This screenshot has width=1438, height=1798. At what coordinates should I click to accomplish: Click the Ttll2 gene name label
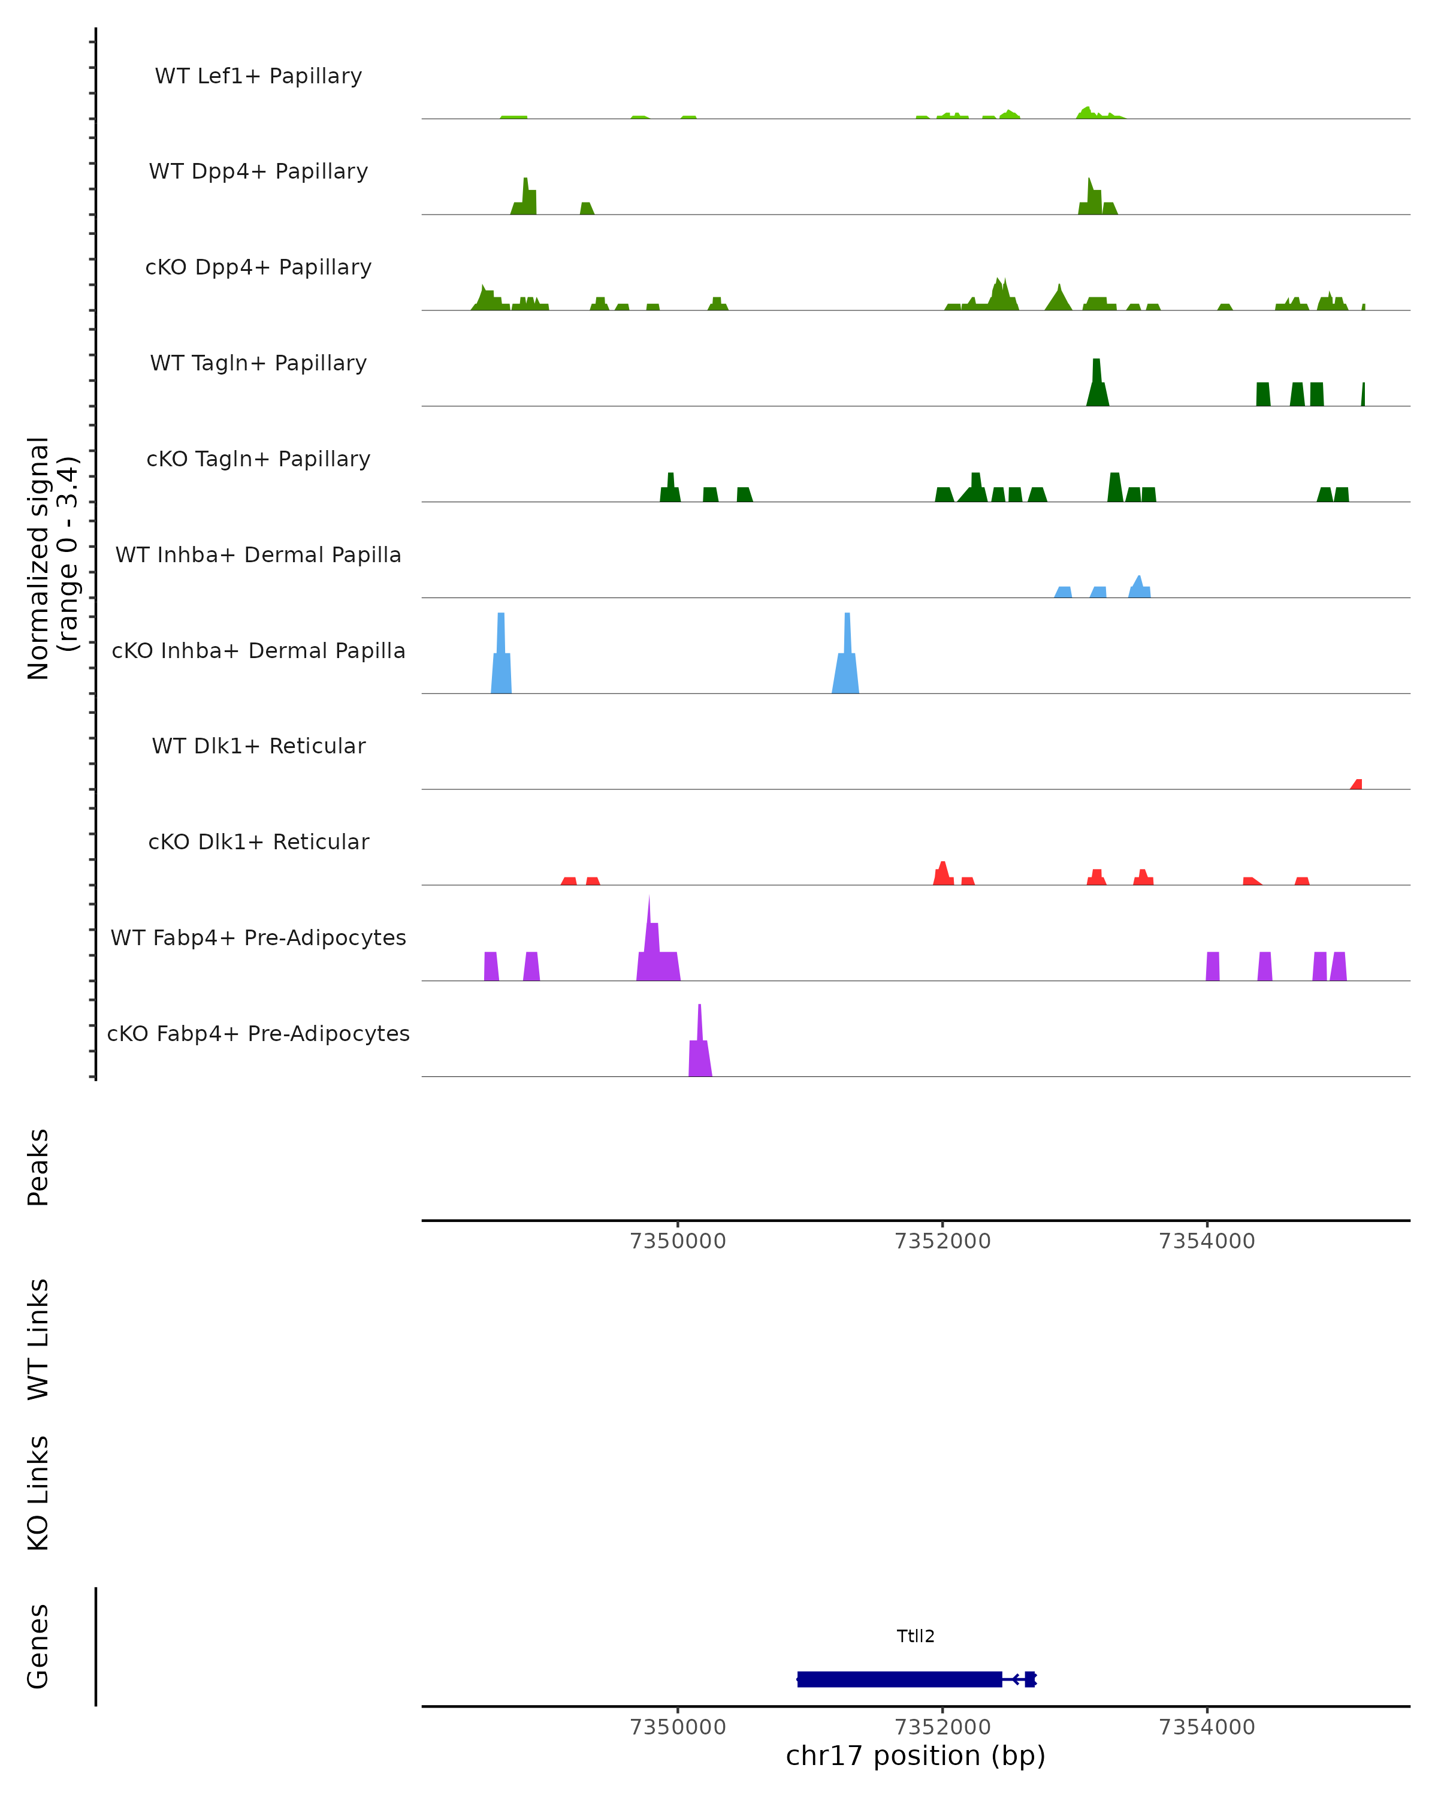tap(916, 1636)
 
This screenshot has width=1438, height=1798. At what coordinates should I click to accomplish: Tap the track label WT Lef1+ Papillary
tap(258, 76)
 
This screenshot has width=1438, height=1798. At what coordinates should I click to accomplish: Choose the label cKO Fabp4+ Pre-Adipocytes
tap(258, 1033)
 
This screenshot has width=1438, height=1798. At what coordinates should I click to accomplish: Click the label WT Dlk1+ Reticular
tap(258, 746)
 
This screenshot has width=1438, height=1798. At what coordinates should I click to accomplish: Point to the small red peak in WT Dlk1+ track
tap(1357, 784)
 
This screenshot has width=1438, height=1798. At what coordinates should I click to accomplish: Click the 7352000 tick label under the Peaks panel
tap(942, 1241)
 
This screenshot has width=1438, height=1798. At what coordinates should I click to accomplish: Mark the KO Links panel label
tap(38, 1494)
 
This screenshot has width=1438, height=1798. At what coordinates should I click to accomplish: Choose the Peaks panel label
tap(38, 1168)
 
